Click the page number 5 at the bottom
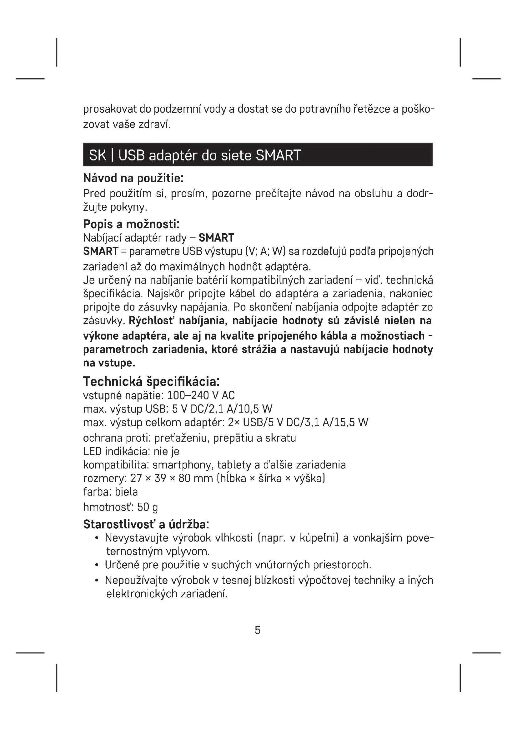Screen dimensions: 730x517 coord(258,630)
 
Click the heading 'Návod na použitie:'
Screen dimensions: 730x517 coord(133,179)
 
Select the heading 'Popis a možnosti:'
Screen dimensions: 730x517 coord(131,224)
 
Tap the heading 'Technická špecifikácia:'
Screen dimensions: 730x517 coord(151,381)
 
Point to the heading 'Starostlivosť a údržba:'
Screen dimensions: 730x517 coord(146,524)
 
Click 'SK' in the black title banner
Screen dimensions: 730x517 coord(98,155)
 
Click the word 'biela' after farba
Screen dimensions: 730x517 coord(126,492)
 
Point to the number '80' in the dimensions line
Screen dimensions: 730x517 coord(184,478)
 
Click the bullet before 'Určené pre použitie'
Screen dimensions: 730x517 coord(97,565)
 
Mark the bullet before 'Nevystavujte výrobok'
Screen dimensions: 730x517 coord(97,538)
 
